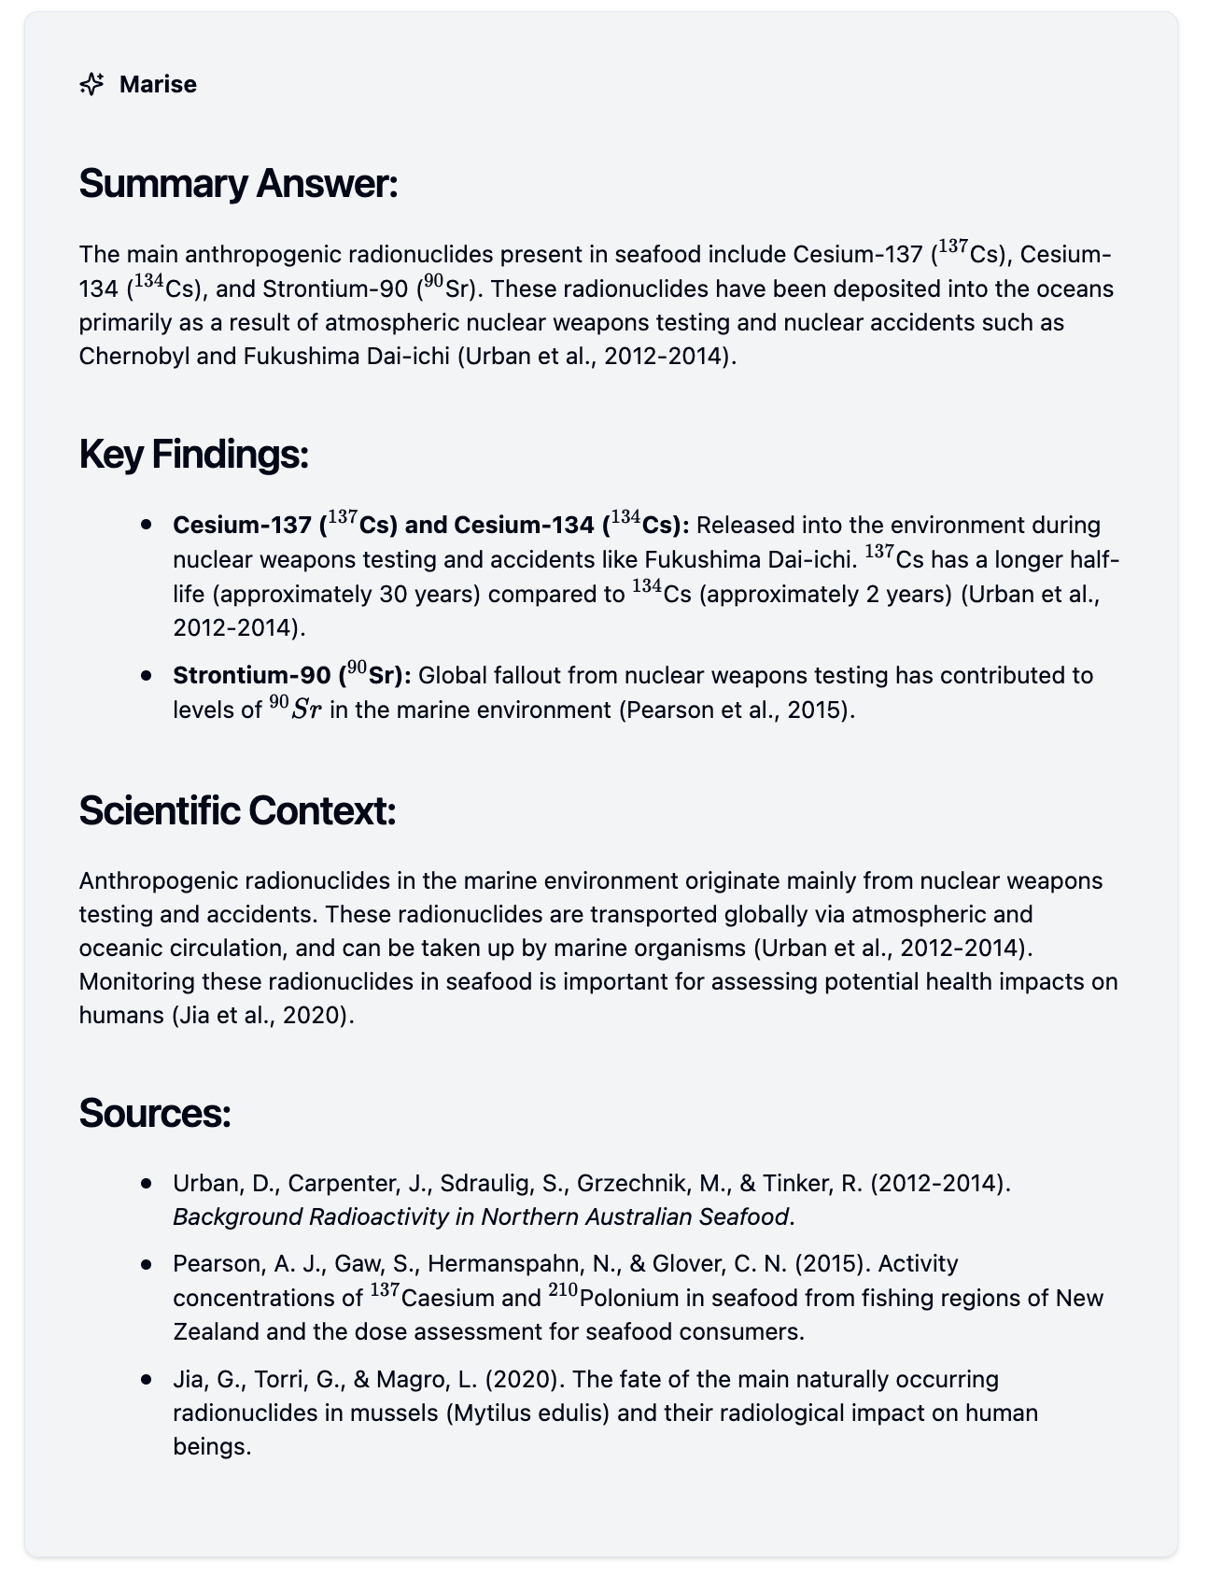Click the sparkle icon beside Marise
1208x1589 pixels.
[91, 84]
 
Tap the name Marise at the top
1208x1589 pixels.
[158, 84]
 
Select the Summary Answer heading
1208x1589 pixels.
[238, 183]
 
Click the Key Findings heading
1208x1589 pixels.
[193, 454]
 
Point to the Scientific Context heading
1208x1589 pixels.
[237, 810]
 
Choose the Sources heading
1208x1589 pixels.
[154, 1113]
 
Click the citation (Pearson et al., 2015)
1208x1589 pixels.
[737, 710]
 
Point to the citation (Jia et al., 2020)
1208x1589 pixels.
[263, 1015]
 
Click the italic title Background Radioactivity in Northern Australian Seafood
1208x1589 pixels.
[481, 1216]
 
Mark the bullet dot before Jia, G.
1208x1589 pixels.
[146, 1379]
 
